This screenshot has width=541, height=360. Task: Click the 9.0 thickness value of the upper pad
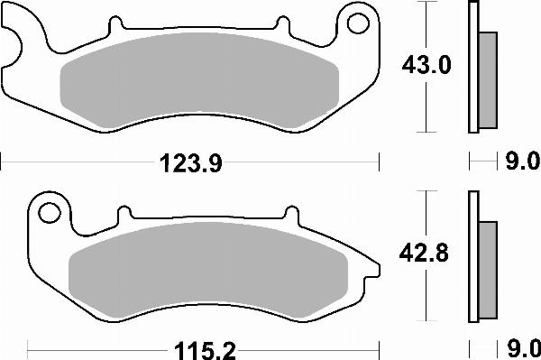[x=520, y=163]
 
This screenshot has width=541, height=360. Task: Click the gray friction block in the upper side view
[x=487, y=78]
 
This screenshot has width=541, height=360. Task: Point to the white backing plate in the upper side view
[x=472, y=68]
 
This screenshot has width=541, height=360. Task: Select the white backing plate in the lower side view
[x=472, y=257]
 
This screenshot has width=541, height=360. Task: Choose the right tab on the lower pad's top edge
[x=291, y=215]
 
